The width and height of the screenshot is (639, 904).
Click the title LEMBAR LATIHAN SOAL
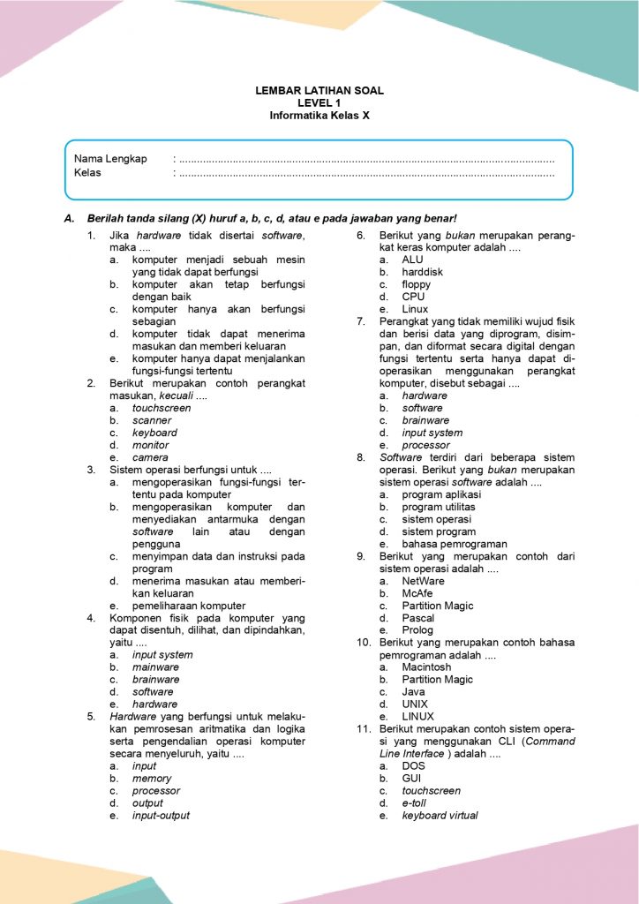(x=319, y=91)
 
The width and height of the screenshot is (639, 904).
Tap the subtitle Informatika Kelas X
(x=319, y=116)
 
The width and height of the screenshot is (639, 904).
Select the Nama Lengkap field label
(x=110, y=159)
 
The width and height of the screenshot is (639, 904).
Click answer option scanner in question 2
(x=152, y=420)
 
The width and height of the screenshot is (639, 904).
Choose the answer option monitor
(x=150, y=445)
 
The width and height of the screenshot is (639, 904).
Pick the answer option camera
(x=150, y=457)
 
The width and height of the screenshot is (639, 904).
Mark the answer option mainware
(x=155, y=667)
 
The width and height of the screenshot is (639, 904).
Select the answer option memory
(x=152, y=779)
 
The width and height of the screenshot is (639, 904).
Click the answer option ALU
(x=412, y=260)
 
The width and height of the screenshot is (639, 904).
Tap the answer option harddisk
(x=422, y=273)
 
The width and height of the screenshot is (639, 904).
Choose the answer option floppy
(x=417, y=285)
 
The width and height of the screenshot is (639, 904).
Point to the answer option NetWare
(x=423, y=581)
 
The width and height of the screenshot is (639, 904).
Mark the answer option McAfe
(x=417, y=593)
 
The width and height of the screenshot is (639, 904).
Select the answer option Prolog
(x=417, y=630)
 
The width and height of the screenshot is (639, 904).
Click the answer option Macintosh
(x=426, y=667)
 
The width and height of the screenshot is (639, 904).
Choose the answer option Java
(x=413, y=692)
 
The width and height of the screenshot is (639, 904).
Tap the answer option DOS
(x=413, y=766)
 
